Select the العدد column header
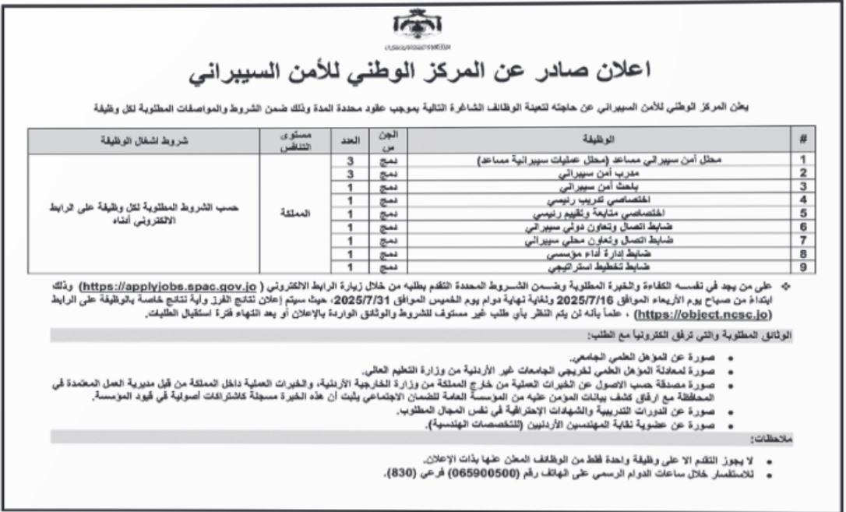[x=350, y=140]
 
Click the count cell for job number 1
[x=350, y=160]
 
